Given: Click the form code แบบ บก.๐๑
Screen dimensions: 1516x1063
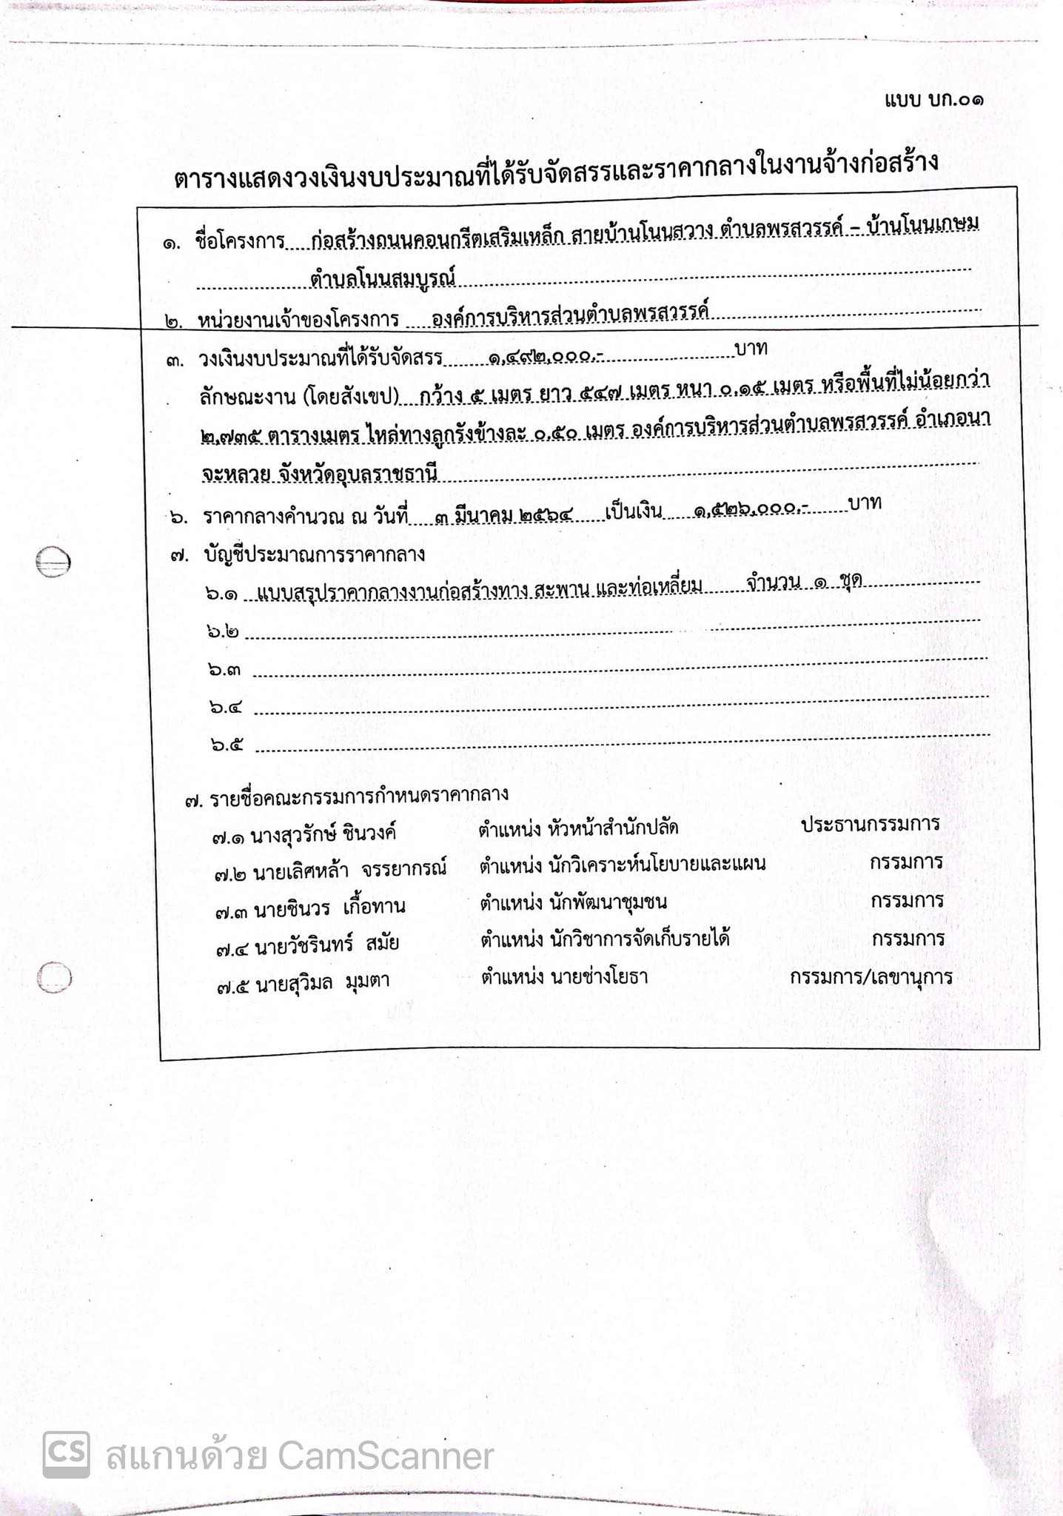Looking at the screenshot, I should point(933,99).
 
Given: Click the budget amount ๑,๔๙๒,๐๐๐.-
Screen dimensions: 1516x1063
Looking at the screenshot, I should point(546,358).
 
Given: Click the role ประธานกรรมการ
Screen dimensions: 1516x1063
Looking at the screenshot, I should point(870,824).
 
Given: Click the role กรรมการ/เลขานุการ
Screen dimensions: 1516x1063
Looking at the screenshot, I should point(871,977).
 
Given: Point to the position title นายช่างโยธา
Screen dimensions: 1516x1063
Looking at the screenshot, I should point(599,977).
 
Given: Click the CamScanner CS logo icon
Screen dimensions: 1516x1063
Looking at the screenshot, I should point(66,1455).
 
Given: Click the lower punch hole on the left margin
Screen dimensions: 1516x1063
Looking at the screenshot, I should point(55,978).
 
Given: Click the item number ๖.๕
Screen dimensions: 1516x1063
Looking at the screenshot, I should point(226,744).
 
